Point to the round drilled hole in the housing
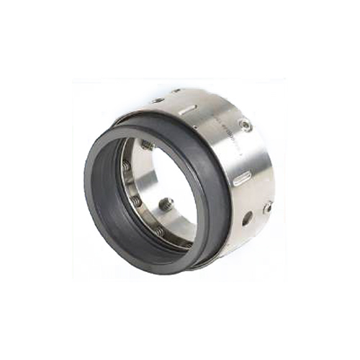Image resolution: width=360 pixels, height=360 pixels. coord(247,217)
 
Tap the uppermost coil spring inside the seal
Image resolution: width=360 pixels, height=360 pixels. coord(147,145)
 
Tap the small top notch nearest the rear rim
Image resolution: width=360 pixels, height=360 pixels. coord(176,91)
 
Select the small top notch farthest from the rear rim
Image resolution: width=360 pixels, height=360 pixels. coord(157,100)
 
